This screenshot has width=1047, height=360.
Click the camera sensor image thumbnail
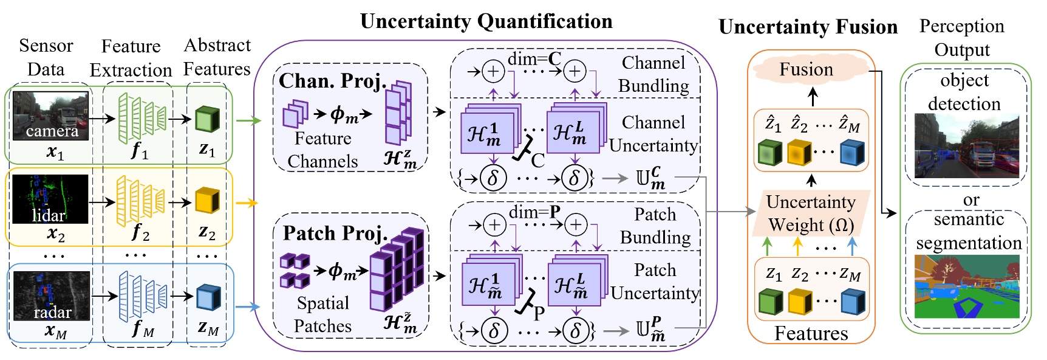[x=51, y=116]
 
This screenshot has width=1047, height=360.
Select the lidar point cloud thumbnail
[x=50, y=199]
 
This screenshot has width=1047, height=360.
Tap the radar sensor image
[x=52, y=296]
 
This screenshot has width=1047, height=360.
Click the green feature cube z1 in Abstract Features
[x=207, y=119]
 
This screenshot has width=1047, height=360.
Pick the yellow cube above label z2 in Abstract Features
[x=207, y=201]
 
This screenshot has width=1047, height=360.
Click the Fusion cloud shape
[x=807, y=69]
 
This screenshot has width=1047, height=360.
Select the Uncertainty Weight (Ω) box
[x=811, y=213]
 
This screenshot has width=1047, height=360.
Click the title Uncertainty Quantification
[x=486, y=21]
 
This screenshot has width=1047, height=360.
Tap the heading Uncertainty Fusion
[x=808, y=27]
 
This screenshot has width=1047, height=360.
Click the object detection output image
[x=966, y=146]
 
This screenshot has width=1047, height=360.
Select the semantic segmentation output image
[x=966, y=286]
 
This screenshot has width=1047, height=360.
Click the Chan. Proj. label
[x=332, y=80]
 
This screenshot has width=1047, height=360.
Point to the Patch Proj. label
[x=335, y=233]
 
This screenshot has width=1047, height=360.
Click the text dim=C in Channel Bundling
[x=534, y=59]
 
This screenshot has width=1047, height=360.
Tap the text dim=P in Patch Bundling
[x=534, y=212]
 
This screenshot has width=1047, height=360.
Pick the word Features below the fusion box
[x=811, y=333]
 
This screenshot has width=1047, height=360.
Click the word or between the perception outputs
[x=970, y=199]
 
